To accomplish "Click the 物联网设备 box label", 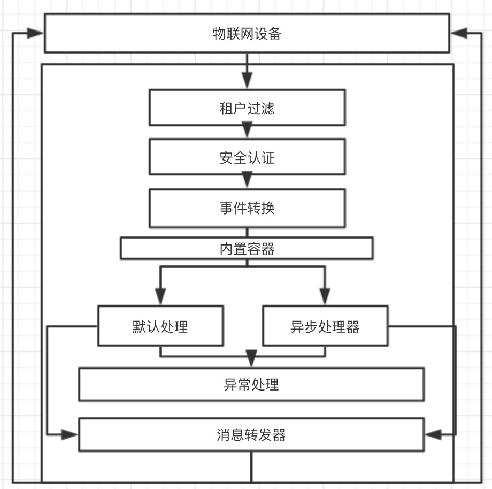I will (x=247, y=34).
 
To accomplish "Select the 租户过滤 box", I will (x=247, y=108).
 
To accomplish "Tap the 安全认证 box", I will (x=247, y=157).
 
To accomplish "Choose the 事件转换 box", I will (x=247, y=208).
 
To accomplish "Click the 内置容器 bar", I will (x=247, y=249).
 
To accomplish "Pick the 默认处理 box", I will (x=160, y=326).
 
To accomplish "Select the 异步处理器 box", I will (x=325, y=326).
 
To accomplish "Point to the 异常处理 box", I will (x=251, y=384).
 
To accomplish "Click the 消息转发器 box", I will (x=251, y=434).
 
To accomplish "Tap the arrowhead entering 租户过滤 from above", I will (x=247, y=82).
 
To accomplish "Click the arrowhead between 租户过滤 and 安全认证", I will (x=247, y=130).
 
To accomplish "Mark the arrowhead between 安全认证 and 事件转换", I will (x=247, y=180).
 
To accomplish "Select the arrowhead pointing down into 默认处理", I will (x=160, y=296).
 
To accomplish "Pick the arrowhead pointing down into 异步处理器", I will (x=325, y=296).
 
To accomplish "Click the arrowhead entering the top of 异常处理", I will (x=251, y=358).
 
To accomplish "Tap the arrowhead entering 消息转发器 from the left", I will (x=70, y=434).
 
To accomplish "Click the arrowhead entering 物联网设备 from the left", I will (x=35, y=33).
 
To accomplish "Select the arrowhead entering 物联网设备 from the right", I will (x=458, y=33).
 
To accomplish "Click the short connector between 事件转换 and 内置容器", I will (x=247, y=233).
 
